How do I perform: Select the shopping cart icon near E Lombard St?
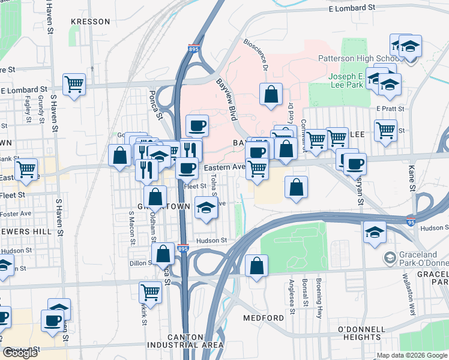click(x=74, y=84)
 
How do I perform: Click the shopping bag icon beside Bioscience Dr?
click(x=271, y=94)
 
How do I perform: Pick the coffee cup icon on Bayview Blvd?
click(x=197, y=125)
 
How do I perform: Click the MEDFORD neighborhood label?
click(x=264, y=317)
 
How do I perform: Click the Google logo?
click(x=20, y=353)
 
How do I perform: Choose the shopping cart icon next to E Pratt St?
click(x=385, y=129)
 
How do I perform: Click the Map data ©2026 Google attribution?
click(x=412, y=355)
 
